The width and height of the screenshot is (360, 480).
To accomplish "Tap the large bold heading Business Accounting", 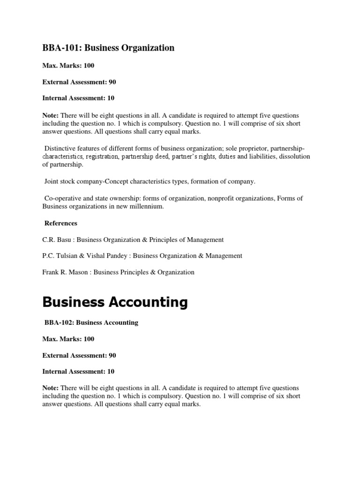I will [x=115, y=302].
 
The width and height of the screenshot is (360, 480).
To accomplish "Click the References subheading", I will [x=60, y=223].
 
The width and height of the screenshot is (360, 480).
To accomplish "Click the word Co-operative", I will [x=62, y=198].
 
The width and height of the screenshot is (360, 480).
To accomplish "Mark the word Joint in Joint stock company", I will [x=52, y=181].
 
